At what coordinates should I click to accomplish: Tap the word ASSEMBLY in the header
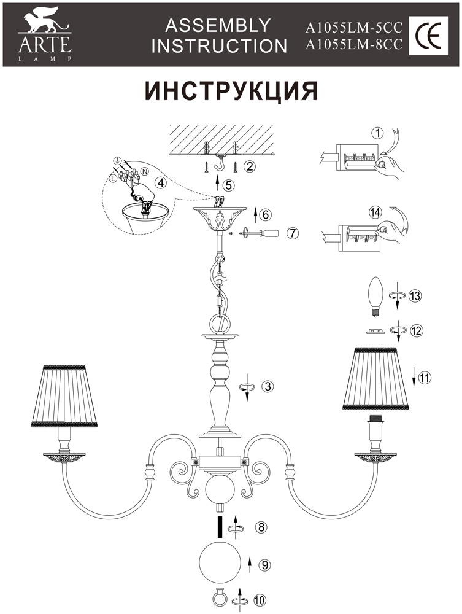(x=218, y=25)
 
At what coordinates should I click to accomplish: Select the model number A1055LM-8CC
(x=353, y=44)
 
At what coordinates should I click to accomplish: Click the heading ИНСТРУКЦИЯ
(x=231, y=90)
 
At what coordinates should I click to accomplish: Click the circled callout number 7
(x=293, y=233)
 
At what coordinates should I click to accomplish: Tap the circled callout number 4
(x=160, y=182)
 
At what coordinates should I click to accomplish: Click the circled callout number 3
(x=266, y=387)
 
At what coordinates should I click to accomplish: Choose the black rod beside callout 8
(x=220, y=527)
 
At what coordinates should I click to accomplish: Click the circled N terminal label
(x=145, y=170)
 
